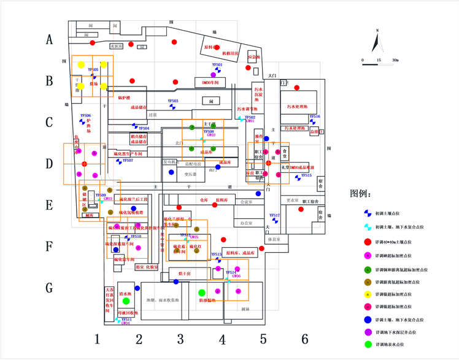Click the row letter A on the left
point(50,40)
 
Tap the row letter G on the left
point(50,288)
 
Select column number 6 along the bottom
point(304,339)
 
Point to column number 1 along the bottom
point(97,339)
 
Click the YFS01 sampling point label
point(217,64)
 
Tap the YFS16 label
point(314,116)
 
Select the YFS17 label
point(274,215)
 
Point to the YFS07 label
point(128,160)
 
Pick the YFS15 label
point(306,175)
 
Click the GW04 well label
point(126,323)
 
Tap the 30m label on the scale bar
point(395,60)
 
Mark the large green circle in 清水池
point(126,301)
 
